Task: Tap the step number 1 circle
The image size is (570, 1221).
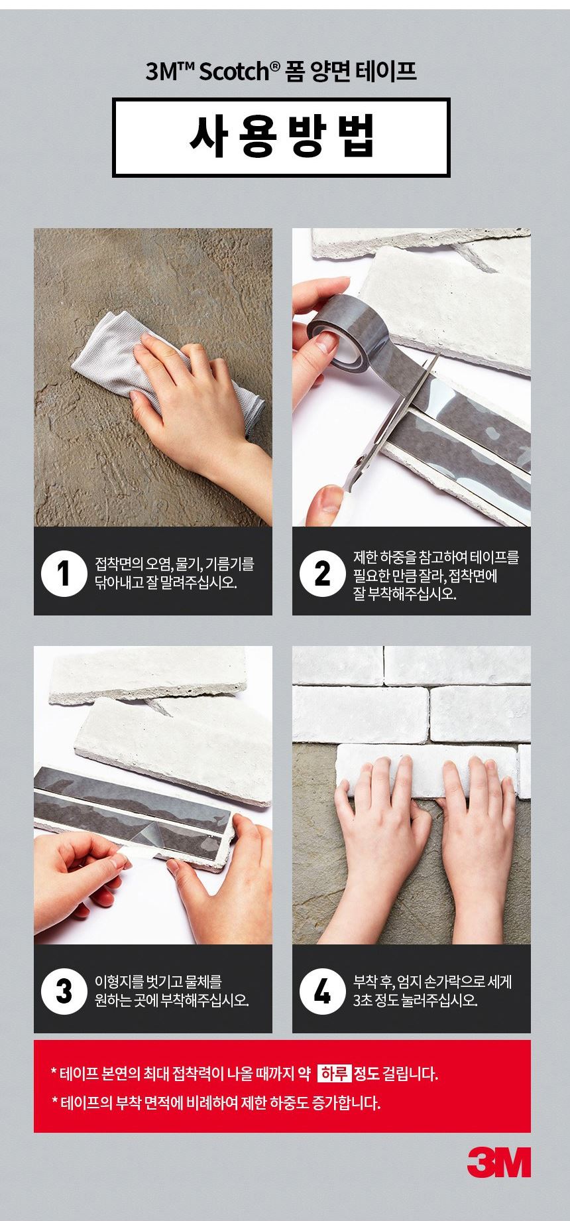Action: [x=64, y=573]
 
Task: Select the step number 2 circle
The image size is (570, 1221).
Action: [x=322, y=573]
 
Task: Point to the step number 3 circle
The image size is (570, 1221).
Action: [x=64, y=991]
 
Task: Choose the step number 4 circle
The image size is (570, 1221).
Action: [x=322, y=991]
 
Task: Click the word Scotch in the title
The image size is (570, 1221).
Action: [x=235, y=72]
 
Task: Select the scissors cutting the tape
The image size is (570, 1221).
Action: [x=391, y=418]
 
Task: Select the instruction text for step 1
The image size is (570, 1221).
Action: [x=174, y=574]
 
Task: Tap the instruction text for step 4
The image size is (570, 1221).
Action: [x=431, y=991]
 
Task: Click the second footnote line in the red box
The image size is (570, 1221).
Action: [x=216, y=1103]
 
